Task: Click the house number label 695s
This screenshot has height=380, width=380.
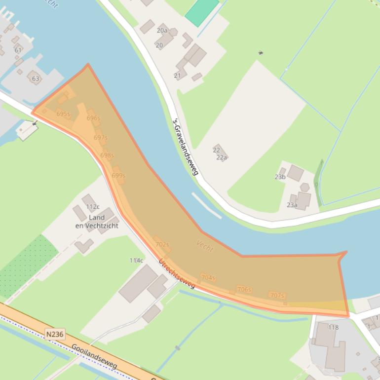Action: (x=63, y=114)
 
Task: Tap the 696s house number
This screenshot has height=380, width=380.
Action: (x=93, y=118)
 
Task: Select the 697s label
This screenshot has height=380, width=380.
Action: (x=101, y=138)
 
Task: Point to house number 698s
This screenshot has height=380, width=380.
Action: (x=107, y=155)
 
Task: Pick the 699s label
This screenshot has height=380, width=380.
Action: (x=118, y=176)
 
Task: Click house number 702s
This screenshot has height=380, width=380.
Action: (x=162, y=244)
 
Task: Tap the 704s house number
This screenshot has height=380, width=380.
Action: (x=208, y=278)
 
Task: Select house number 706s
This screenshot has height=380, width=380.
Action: (x=244, y=290)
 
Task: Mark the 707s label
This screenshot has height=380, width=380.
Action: (x=277, y=296)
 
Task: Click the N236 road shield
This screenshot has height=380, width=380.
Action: (x=55, y=334)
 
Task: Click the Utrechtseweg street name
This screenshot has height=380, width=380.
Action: (x=177, y=273)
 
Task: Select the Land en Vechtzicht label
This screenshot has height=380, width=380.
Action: (x=97, y=222)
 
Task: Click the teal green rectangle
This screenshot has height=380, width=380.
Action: (x=202, y=12)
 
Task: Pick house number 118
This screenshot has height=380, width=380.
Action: (x=334, y=327)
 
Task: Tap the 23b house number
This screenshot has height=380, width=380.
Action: (x=280, y=177)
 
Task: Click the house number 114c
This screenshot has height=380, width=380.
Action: (x=136, y=260)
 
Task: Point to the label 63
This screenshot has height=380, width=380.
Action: (x=36, y=78)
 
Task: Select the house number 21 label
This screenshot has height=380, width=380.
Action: (x=177, y=76)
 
